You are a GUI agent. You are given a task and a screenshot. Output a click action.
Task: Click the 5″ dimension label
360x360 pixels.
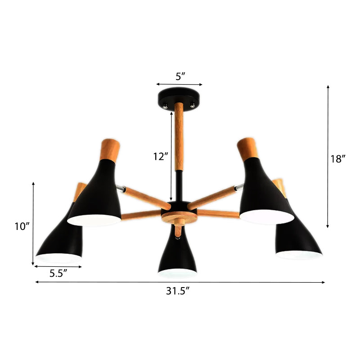pos(180,76)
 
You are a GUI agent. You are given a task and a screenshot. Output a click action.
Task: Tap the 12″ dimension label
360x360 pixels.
pos(161,157)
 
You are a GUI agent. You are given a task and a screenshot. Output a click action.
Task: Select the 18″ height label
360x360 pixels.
pos(338,159)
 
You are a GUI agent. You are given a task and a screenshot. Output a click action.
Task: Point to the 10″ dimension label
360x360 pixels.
pos(22,226)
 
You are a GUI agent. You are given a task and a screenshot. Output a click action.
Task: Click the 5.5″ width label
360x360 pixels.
pos(58,274)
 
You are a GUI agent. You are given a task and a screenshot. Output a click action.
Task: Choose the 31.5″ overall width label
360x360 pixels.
pos(178,291)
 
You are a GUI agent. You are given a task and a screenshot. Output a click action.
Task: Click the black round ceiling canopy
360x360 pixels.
pos(179,99)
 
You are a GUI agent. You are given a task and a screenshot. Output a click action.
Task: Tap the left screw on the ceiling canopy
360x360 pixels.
pos(165,106)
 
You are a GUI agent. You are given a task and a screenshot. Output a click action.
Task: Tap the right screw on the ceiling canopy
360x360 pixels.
pos(193,105)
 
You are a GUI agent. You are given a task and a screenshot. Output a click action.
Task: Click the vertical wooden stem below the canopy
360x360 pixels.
pos(179,137)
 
